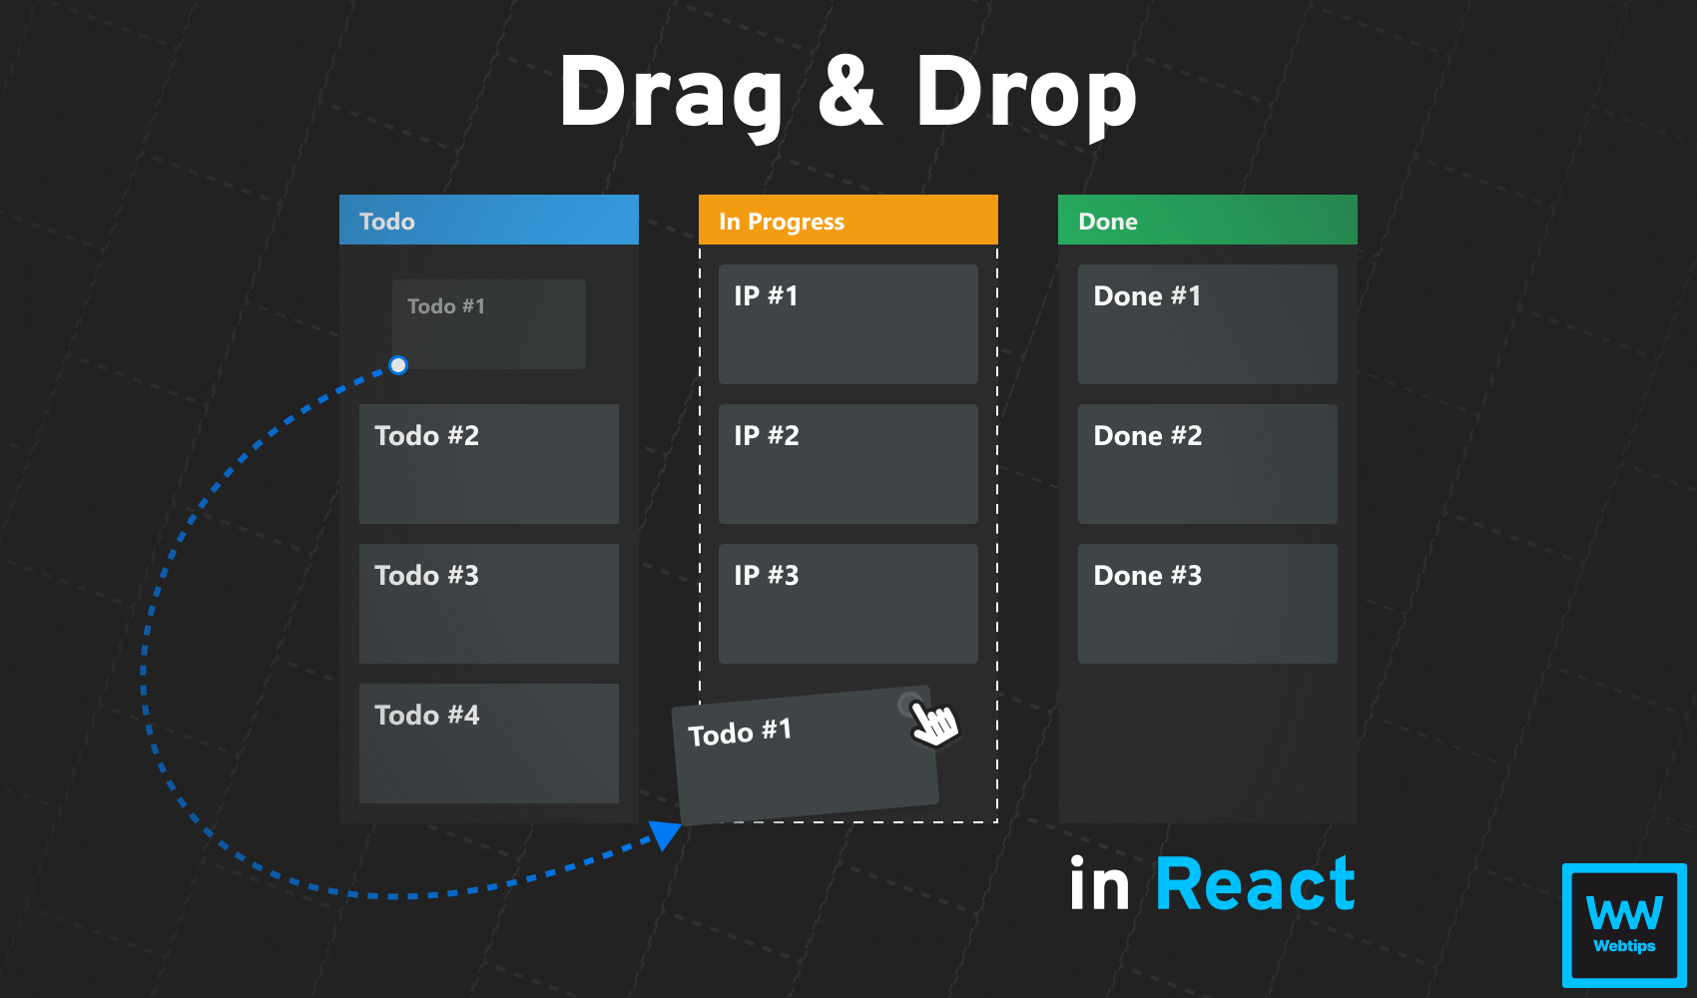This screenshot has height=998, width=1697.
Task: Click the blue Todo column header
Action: pos(489,220)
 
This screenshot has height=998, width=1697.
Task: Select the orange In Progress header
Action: pos(848,220)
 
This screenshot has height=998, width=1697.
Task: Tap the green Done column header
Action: pos(1208,220)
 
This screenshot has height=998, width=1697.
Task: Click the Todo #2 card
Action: pos(489,464)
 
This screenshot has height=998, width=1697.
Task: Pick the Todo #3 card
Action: pos(489,604)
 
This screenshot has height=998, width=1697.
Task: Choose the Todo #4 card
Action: pos(489,744)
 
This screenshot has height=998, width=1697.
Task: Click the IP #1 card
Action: pos(848,324)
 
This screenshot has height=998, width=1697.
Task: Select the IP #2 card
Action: pos(848,464)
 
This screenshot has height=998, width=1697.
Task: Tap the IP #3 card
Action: pos(848,604)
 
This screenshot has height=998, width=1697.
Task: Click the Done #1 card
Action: pos(1208,324)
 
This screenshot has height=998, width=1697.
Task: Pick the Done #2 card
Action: pos(1208,464)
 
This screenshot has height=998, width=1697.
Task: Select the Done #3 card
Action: pos(1208,604)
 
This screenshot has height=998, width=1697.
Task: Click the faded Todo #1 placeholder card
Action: pos(489,324)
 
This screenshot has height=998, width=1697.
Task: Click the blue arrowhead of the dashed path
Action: pos(665,833)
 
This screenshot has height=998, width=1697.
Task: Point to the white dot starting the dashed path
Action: pos(398,365)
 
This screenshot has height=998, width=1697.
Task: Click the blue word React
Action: pos(1255,885)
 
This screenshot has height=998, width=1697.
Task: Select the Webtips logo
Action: pos(1624,925)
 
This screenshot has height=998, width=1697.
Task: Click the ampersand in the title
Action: pos(850,92)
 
